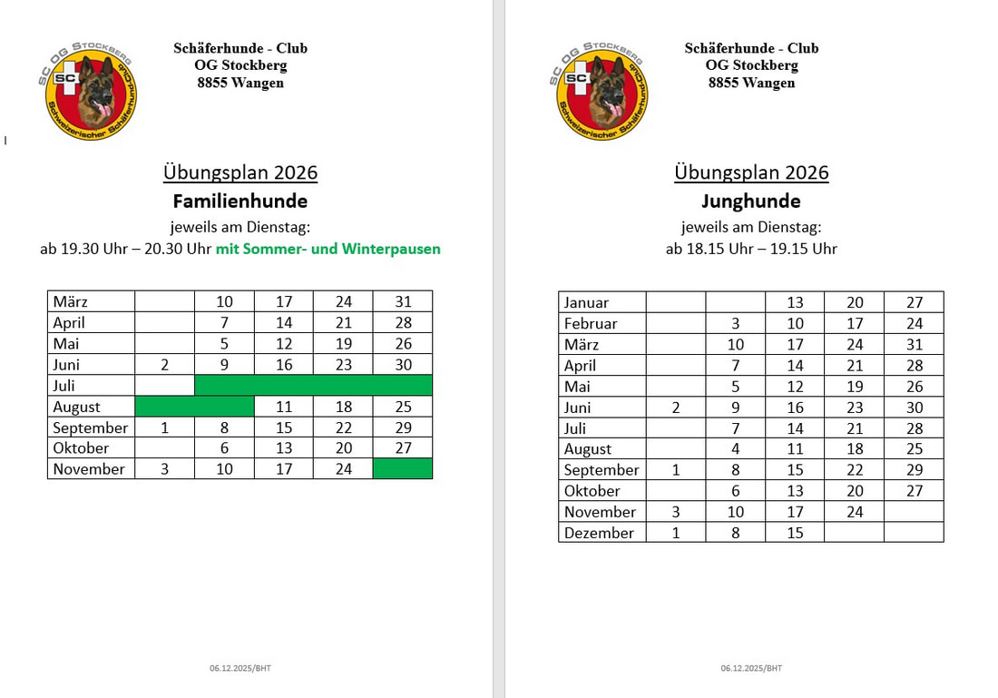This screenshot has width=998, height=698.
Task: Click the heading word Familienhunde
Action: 240,202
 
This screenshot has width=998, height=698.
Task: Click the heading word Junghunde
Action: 751,202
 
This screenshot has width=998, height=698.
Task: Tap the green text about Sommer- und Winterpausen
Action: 328,249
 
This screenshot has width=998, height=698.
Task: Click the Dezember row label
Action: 599,533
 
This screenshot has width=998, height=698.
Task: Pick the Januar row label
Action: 587,302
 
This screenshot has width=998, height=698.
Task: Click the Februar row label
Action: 591,323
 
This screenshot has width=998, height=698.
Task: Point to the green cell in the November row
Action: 402,468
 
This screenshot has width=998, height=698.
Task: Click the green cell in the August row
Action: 194,407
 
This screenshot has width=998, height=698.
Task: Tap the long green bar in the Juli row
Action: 313,386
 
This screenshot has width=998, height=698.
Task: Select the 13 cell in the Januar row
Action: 795,302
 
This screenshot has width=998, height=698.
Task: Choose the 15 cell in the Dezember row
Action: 795,533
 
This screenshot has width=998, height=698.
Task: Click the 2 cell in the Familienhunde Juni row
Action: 164,365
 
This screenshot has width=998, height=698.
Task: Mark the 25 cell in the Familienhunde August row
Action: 403,407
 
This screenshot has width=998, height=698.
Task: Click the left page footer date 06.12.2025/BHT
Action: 240,668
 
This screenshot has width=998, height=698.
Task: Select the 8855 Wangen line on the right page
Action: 751,83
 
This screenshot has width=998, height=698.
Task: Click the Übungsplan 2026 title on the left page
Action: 240,172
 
